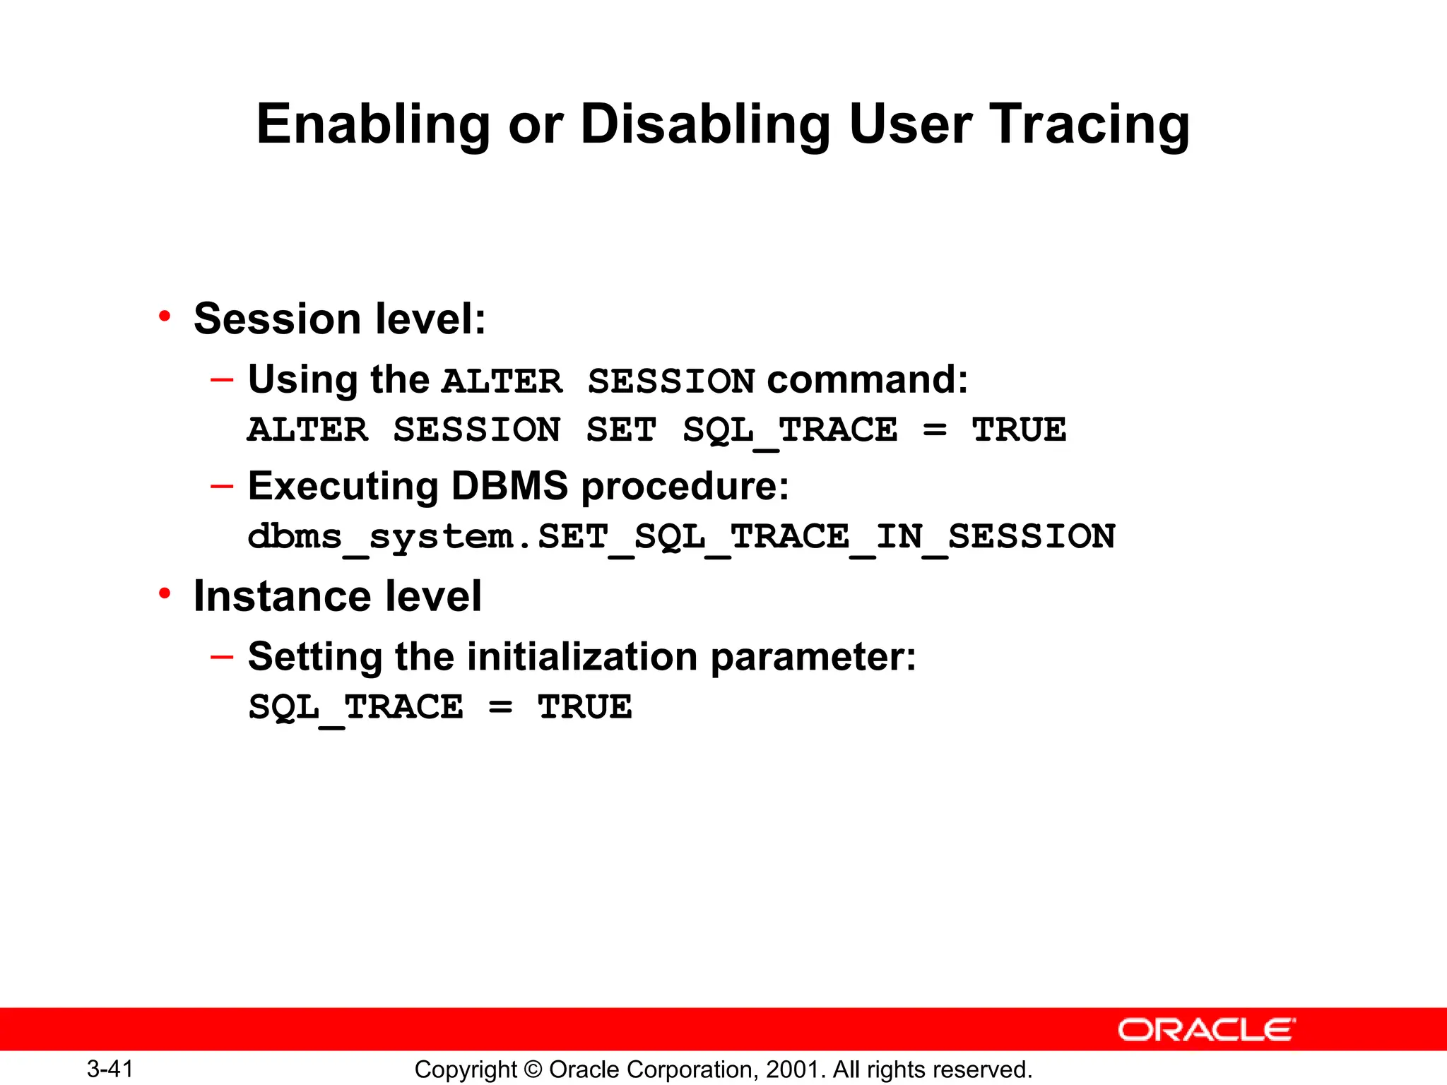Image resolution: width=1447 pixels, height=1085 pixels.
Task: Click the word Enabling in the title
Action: click(373, 125)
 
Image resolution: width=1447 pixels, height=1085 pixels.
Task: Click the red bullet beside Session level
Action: click(165, 316)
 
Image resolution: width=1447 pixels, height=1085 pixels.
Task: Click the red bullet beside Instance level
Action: click(165, 594)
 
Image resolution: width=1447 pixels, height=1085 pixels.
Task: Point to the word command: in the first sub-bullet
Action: click(868, 379)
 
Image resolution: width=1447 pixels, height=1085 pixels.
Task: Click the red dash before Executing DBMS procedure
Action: click(221, 487)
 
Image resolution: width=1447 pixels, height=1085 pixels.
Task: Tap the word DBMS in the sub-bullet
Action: click(509, 487)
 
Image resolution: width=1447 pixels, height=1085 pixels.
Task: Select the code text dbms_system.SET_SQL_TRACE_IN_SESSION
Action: click(681, 537)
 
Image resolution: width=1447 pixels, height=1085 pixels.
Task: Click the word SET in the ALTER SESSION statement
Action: click(621, 429)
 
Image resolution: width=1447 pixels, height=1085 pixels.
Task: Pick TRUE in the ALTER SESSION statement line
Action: click(1019, 429)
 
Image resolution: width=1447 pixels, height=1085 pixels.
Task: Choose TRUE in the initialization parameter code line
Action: click(584, 707)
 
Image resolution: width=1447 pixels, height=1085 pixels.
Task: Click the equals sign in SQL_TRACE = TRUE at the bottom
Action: click(500, 707)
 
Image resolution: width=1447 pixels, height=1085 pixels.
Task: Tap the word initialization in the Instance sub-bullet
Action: click(582, 657)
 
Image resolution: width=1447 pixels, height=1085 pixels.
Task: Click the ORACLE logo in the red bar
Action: click(1206, 1030)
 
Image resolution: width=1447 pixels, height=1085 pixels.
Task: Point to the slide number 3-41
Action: click(110, 1069)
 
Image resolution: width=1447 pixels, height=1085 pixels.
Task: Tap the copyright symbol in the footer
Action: click(533, 1069)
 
